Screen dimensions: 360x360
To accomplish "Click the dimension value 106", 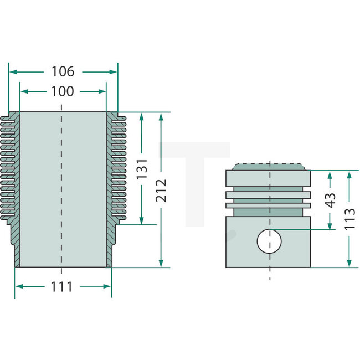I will click(63, 71).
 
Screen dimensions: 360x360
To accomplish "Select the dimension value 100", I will click(62, 91).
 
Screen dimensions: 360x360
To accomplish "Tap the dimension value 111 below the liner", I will click(62, 286).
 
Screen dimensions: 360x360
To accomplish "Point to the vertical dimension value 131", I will click(142, 169).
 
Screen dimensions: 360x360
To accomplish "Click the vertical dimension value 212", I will click(161, 191).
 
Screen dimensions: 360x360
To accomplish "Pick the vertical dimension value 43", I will click(330, 200).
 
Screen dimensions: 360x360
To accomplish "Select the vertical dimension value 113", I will click(349, 219).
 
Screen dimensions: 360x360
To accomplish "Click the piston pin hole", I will click(269, 241).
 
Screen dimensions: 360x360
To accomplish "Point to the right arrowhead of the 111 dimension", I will click(109, 286).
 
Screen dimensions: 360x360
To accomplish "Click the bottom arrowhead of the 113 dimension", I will click(349, 264).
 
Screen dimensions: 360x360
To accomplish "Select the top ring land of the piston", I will click(269, 178).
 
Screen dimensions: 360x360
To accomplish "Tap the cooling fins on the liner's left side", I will click(11, 166).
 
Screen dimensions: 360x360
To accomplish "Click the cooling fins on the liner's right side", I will click(117, 166).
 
